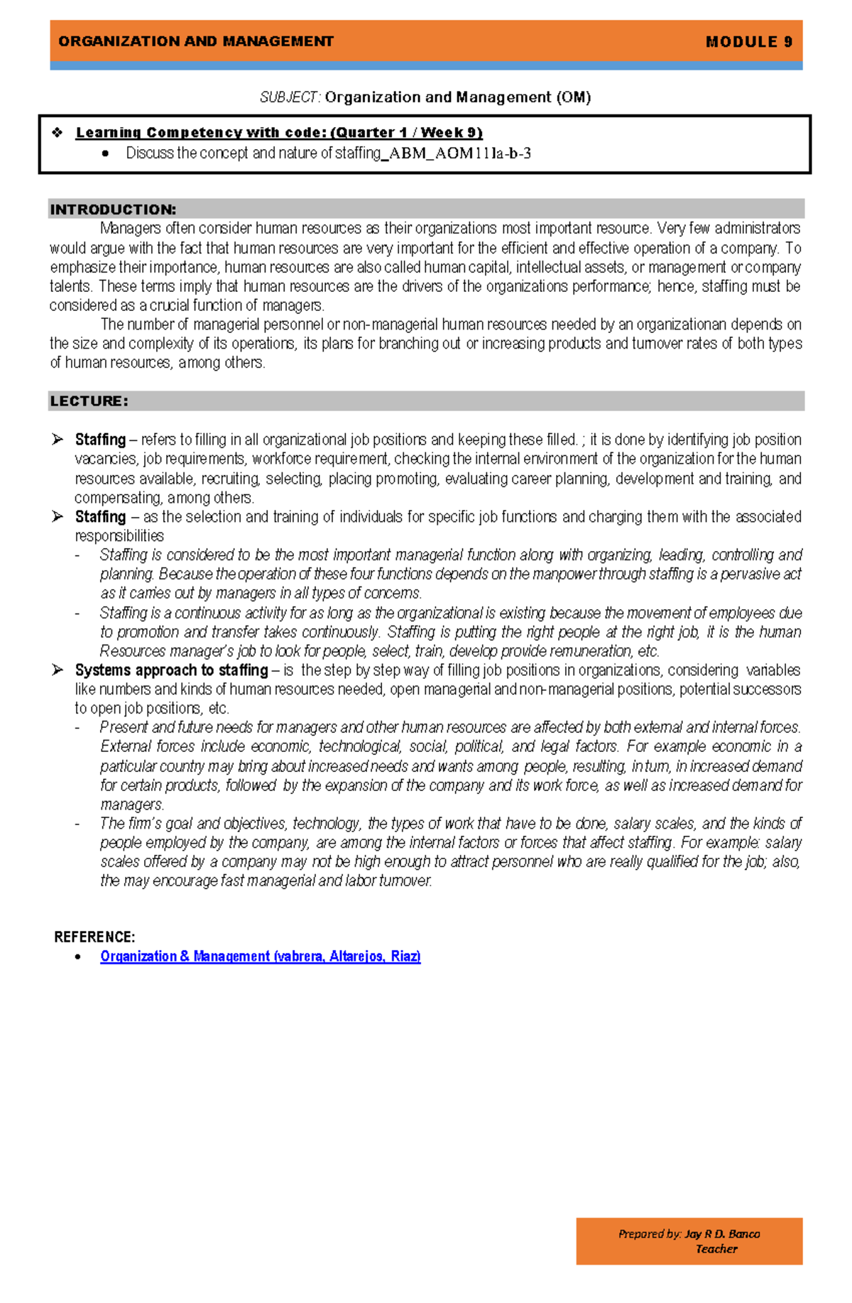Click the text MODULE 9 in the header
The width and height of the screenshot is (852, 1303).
[x=749, y=42]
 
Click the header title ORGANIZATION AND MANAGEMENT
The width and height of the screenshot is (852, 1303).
[x=196, y=41]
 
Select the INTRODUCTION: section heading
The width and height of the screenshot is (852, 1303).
[x=113, y=209]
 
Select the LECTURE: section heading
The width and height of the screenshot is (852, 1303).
[x=89, y=401]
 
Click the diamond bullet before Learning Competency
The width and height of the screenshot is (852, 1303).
[x=58, y=132]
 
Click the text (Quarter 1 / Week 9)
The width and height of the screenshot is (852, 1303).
[x=406, y=132]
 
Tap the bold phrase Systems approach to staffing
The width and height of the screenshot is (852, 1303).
[x=171, y=670]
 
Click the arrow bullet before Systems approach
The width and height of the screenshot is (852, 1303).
[x=58, y=670]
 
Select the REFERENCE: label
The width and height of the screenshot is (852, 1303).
[x=94, y=937]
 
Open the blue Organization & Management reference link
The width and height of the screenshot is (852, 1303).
[x=260, y=956]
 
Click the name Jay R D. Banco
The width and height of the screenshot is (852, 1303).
[x=722, y=1233]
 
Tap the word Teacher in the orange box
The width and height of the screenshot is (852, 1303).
[x=716, y=1249]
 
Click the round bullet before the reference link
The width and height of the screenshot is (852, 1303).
[x=78, y=957]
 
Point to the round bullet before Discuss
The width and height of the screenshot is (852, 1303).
[x=106, y=153]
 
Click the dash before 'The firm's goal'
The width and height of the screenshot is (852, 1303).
[x=77, y=824]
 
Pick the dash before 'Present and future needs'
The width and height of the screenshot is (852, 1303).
[x=77, y=728]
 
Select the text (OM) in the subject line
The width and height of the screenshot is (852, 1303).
[x=574, y=97]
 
